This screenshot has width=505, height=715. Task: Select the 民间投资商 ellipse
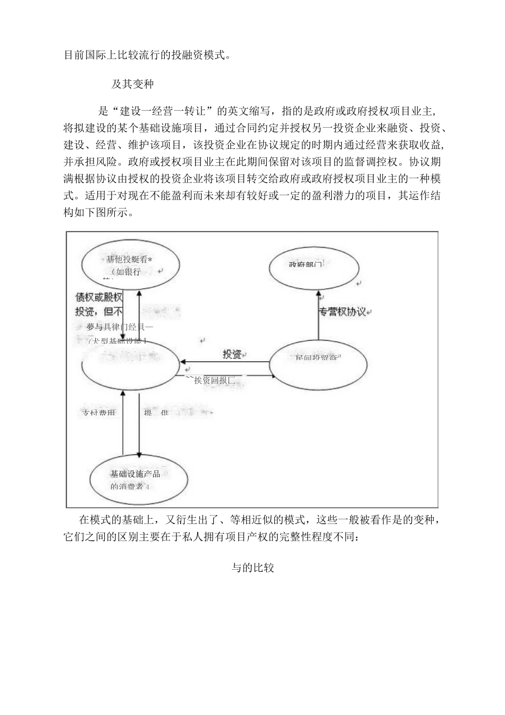coord(318,364)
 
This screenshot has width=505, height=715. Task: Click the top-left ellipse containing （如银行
coord(128,265)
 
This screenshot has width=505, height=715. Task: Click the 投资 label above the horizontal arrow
coord(232,354)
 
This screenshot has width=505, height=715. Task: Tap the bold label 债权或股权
coord(99,298)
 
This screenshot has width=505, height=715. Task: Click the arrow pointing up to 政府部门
coord(318,317)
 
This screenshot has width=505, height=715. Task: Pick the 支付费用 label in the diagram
coord(98,413)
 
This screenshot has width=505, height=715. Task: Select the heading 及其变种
coord(133,85)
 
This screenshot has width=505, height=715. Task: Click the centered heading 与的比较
coord(252,568)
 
